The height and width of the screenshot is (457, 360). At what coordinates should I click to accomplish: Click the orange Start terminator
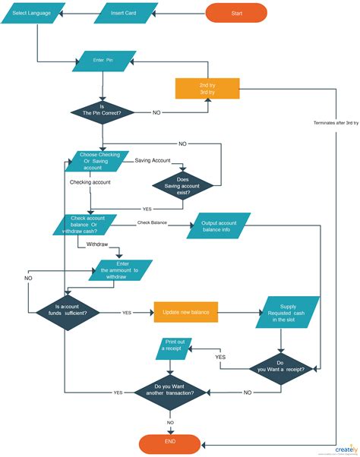[x=236, y=13]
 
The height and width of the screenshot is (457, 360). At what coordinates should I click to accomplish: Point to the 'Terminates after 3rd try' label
[x=336, y=123]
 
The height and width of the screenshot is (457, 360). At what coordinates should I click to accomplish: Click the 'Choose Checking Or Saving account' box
[x=99, y=162]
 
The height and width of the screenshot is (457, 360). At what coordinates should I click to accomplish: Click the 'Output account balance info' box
[x=219, y=228]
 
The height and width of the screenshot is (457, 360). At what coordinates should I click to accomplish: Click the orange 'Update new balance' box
[x=186, y=312]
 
